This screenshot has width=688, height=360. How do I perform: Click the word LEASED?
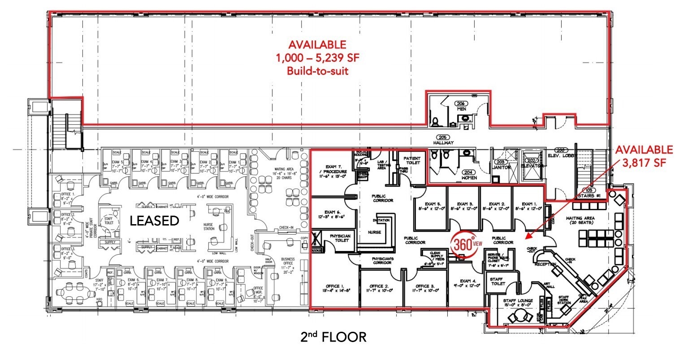pyautogui.click(x=154, y=221)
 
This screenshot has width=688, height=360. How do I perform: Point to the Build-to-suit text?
pyautogui.click(x=317, y=70)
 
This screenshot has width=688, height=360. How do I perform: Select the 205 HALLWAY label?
pyautogui.click(x=443, y=140)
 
